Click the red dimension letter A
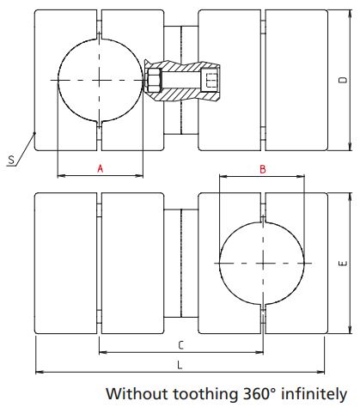tap(100, 169)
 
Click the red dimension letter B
tap(262, 169)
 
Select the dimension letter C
tap(180, 343)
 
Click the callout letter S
tap(9, 160)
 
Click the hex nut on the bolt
tap(155, 82)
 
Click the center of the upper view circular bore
tap(100, 81)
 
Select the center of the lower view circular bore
tap(262, 263)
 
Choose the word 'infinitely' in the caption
tap(314, 394)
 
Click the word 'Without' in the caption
tap(134, 394)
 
